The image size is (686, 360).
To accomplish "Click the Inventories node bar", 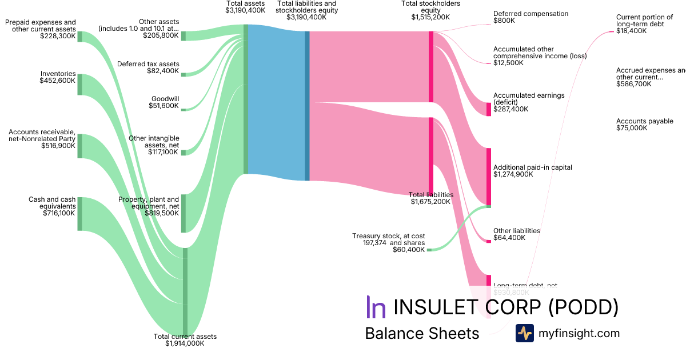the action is click(80, 85).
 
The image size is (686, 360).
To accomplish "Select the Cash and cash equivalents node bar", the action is click(80, 214).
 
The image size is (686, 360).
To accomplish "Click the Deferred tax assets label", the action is click(148, 64).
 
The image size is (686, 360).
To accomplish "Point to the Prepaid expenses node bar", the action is click(80, 37).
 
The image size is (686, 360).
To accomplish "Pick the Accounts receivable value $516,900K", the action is click(58, 146).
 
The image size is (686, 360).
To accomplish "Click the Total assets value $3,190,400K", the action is click(245, 10).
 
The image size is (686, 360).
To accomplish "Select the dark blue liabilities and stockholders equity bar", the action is click(307, 106).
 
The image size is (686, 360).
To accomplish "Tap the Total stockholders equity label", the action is click(430, 6).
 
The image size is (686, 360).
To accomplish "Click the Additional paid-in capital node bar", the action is click(489, 177).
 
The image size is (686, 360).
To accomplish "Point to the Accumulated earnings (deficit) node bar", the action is click(489, 109).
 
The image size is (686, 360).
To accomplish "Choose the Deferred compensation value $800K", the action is click(504, 21).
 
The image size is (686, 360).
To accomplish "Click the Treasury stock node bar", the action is click(429, 250).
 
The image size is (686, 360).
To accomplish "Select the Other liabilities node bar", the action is click(489, 241).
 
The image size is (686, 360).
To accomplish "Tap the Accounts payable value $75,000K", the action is click(632, 129).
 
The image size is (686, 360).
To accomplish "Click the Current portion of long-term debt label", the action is click(644, 21).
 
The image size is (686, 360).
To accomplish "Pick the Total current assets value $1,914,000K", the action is click(185, 343).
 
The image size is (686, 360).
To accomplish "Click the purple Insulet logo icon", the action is click(376, 307).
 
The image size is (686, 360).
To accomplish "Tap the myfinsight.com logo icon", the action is click(525, 333).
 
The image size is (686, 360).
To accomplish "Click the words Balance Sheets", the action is click(422, 334).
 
